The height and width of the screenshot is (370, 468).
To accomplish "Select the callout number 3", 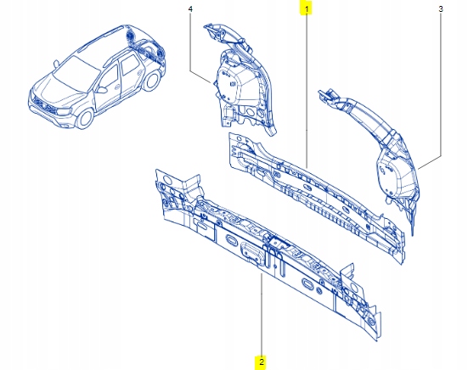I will (441, 8).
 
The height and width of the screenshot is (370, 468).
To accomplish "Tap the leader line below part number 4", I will (192, 47).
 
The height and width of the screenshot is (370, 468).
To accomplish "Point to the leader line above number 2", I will (262, 314).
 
